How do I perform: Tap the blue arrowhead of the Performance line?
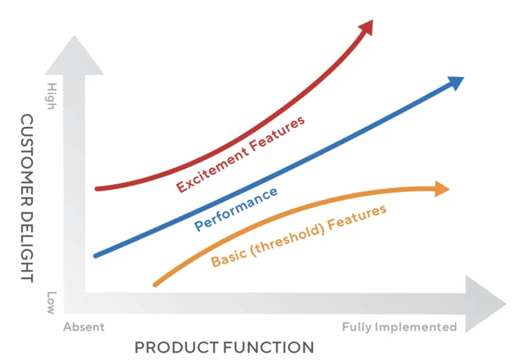(456, 82)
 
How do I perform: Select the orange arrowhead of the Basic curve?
(441, 188)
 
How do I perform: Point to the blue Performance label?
(236, 209)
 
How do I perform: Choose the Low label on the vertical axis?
(51, 303)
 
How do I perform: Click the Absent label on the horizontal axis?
(84, 327)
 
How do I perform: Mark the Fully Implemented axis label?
(399, 327)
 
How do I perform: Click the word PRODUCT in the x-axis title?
(174, 348)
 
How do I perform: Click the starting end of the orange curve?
(156, 284)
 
